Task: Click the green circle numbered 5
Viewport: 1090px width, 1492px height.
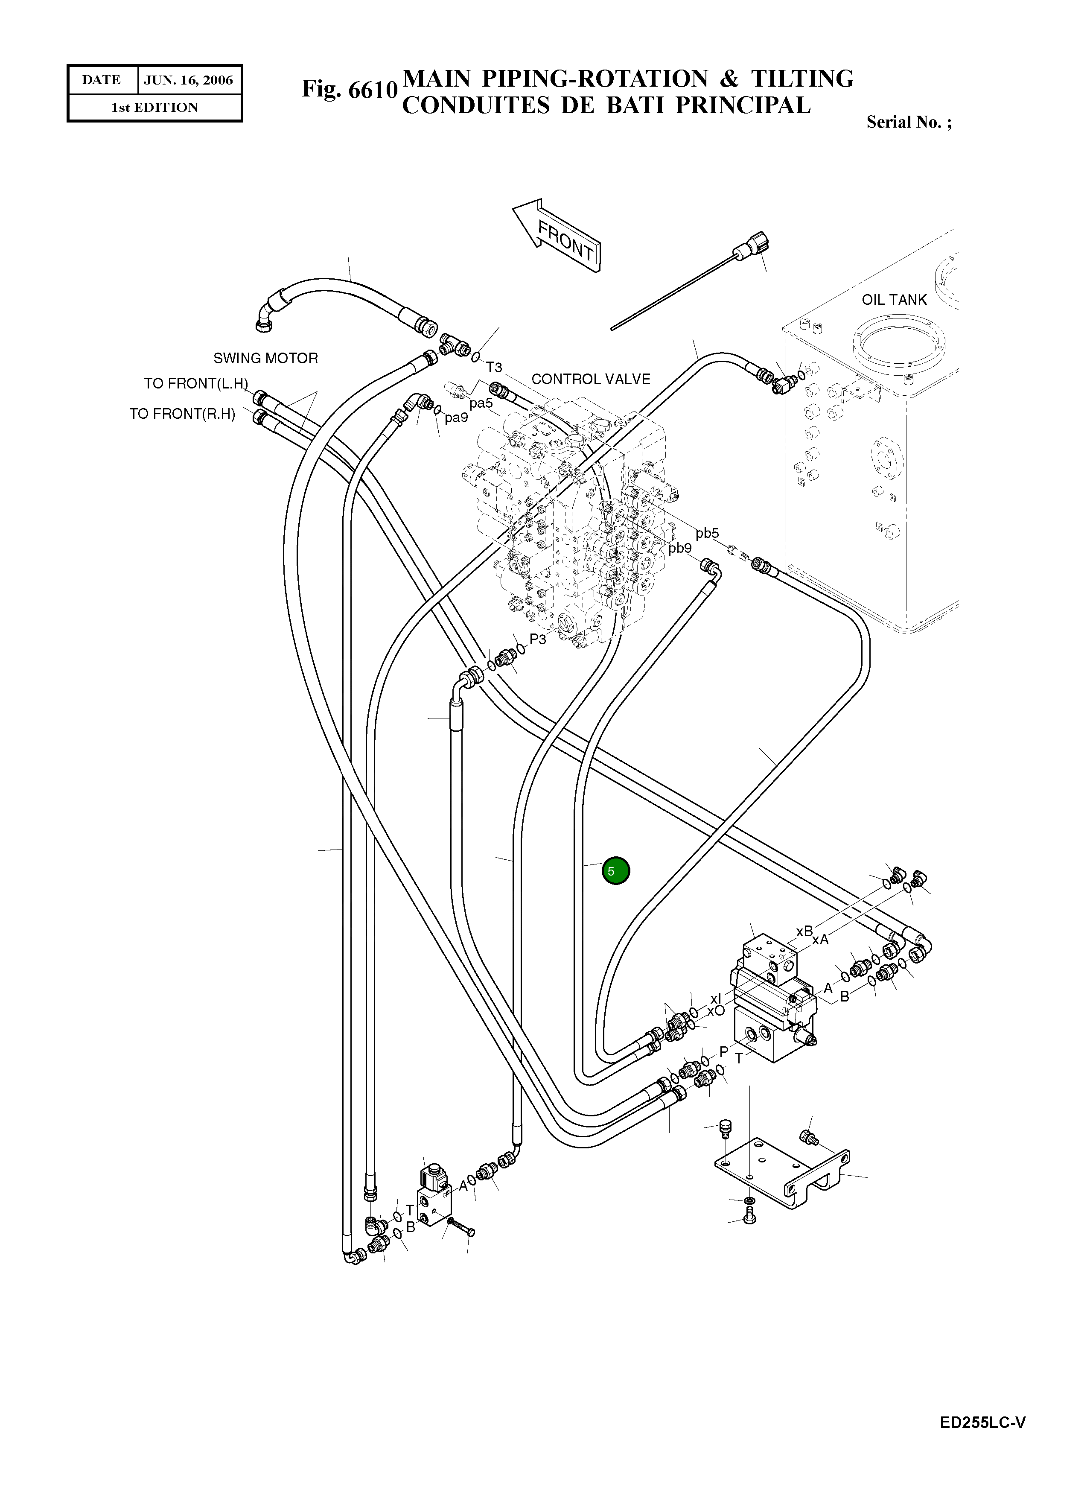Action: click(615, 871)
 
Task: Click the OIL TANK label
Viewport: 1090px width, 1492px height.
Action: click(894, 300)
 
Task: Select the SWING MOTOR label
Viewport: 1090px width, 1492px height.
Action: click(265, 358)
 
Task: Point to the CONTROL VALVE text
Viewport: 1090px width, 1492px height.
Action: click(591, 380)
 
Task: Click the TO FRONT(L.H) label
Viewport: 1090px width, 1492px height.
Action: click(196, 383)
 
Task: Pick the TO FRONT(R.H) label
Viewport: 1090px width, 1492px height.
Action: click(182, 414)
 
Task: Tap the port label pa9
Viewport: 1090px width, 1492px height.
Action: click(456, 417)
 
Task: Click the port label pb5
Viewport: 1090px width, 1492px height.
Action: click(707, 533)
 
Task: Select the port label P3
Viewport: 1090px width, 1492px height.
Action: click(538, 639)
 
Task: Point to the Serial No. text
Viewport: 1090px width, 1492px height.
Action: click(909, 122)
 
